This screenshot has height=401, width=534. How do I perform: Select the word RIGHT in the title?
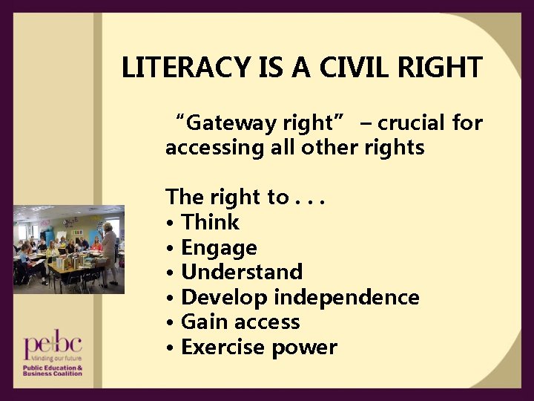tap(444, 68)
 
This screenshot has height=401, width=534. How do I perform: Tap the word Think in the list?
tap(211, 222)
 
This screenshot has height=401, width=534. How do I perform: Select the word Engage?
tap(219, 248)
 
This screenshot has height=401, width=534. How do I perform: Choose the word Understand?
tap(242, 272)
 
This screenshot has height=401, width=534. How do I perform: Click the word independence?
tap(346, 297)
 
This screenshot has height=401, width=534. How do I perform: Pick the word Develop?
tap(225, 297)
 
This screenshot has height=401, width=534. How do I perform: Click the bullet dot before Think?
tap(171, 223)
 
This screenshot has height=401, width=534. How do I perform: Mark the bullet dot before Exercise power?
tap(171, 348)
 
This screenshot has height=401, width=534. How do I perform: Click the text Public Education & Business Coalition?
tap(52, 371)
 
